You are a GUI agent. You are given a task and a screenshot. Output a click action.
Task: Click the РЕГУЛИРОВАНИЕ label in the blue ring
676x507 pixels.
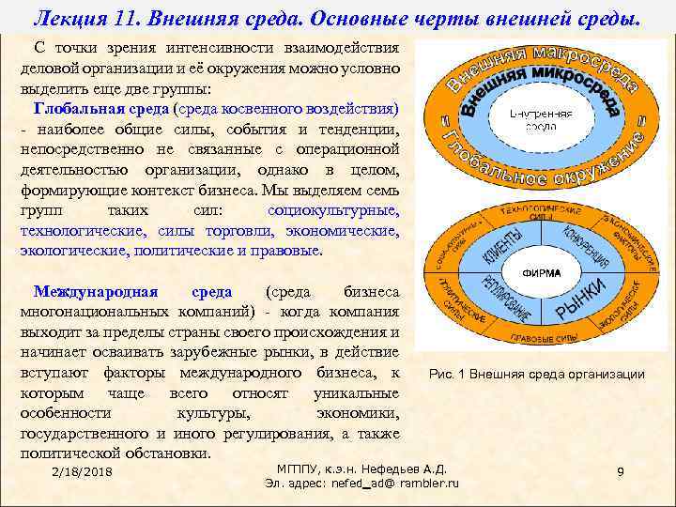coord(496,303)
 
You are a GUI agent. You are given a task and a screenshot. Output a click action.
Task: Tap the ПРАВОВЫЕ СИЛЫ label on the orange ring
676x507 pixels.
coord(534,336)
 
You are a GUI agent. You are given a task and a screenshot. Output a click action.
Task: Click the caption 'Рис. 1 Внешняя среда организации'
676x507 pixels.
coord(536,375)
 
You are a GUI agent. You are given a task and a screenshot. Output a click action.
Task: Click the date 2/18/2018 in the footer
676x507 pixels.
coord(83,470)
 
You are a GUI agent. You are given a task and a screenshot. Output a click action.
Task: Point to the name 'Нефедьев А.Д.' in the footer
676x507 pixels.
coord(408,469)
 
